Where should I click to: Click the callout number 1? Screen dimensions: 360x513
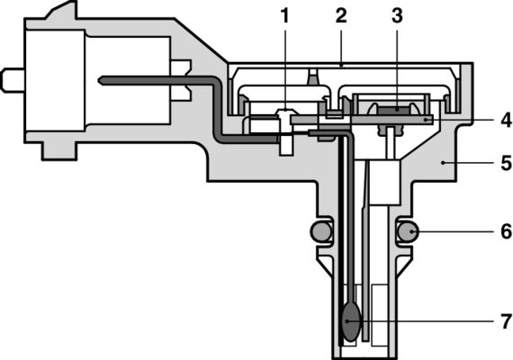pyautogui.click(x=284, y=15)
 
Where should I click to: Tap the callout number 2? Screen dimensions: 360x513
pyautogui.click(x=340, y=15)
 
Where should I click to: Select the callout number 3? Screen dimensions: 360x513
pyautogui.click(x=397, y=15)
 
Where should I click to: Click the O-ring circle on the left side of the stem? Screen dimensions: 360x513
pyautogui.click(x=321, y=232)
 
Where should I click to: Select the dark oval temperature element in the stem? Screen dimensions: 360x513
pyautogui.click(x=351, y=321)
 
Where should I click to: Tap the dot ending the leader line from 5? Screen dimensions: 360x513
pyautogui.click(x=442, y=163)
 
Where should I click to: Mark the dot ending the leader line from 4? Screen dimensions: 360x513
pyautogui.click(x=427, y=119)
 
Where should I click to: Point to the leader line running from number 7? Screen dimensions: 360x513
pyautogui.click(x=423, y=320)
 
